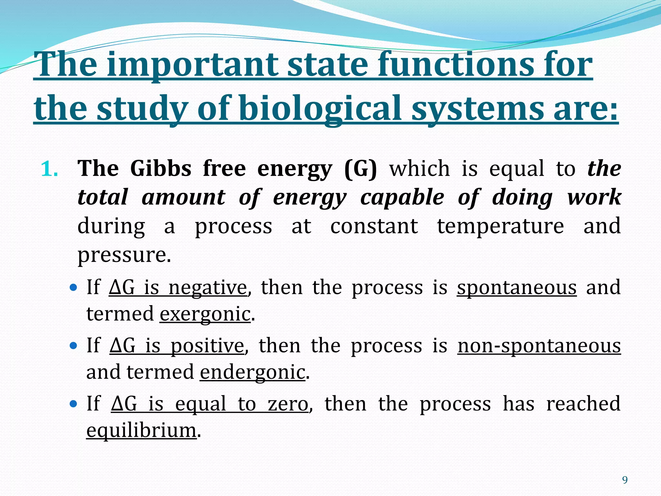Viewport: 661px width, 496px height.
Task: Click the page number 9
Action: [x=625, y=480]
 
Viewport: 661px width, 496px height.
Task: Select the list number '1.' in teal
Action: [x=49, y=169]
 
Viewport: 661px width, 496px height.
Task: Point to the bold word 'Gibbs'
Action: [x=161, y=169]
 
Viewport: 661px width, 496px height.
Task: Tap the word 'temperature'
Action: [x=500, y=226]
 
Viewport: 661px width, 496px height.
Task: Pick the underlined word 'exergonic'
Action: [x=205, y=314]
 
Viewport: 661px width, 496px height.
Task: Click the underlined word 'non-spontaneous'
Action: [x=539, y=346]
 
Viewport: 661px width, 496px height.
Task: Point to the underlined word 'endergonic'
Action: [x=252, y=372]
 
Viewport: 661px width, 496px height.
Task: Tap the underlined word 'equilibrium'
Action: [x=141, y=430]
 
